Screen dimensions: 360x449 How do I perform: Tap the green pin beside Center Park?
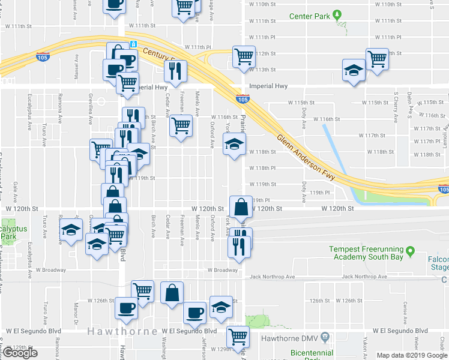(337, 14)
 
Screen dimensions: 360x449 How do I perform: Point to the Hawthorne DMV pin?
(325, 337)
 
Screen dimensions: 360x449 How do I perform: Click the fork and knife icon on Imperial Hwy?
(176, 71)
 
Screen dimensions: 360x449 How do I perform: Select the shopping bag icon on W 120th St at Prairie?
(240, 208)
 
